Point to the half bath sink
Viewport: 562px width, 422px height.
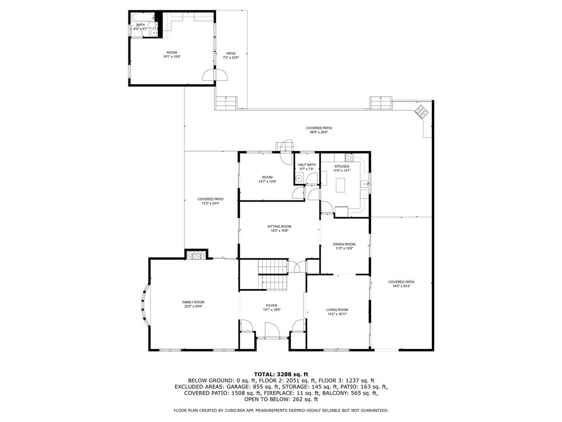coord(300,177)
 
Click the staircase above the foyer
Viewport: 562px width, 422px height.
coord(273,275)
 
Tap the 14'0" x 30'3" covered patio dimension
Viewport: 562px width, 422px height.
coord(401,286)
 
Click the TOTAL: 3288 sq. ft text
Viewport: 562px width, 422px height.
coord(281,374)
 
